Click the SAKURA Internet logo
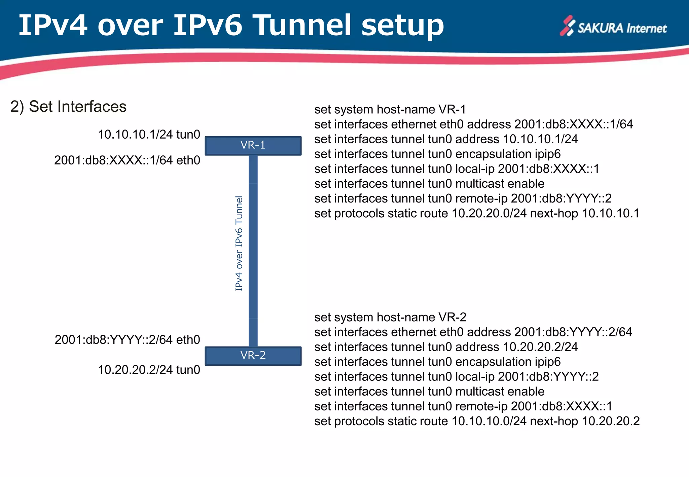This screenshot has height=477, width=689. click(613, 27)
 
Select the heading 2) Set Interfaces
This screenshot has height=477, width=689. click(68, 107)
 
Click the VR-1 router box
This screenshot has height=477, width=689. click(253, 145)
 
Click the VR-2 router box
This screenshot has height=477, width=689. click(253, 356)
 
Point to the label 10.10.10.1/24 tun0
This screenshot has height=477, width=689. click(149, 135)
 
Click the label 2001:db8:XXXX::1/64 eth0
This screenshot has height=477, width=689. click(127, 160)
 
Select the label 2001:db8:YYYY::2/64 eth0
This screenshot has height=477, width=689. click(127, 340)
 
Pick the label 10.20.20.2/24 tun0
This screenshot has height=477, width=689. click(149, 370)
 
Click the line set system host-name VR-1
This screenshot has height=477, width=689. click(390, 110)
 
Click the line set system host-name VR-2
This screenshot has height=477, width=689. click(390, 318)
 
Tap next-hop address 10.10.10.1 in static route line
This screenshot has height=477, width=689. click(611, 214)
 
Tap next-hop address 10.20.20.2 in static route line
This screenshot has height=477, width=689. click(611, 421)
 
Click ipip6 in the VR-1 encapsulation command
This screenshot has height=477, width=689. click(548, 154)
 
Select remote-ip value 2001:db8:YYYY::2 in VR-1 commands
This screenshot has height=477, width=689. click(561, 199)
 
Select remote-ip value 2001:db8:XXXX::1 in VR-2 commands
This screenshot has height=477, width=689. click(561, 407)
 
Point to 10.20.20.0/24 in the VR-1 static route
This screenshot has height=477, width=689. click(489, 214)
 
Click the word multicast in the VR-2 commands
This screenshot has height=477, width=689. click(479, 392)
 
